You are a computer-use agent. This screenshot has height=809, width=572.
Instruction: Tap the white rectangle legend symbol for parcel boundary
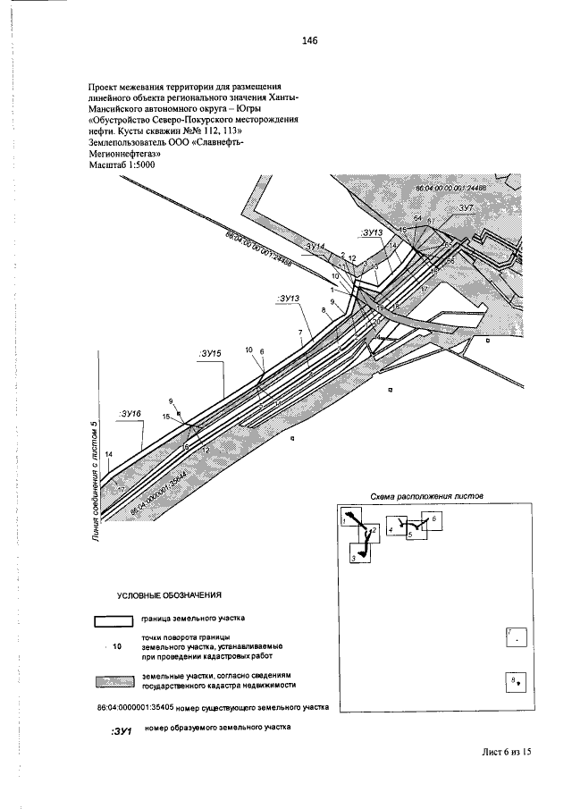click(113, 619)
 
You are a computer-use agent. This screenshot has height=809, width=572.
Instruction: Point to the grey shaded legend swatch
click(113, 681)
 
